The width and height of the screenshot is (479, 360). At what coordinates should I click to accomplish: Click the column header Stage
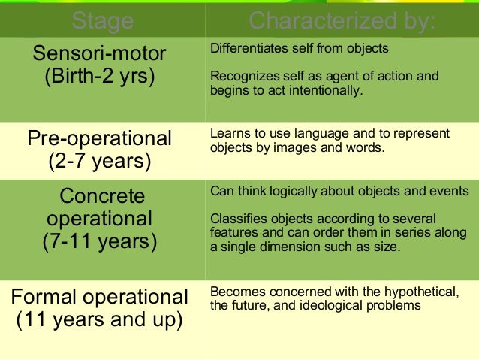102,20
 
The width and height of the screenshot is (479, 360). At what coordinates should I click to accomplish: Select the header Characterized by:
342,20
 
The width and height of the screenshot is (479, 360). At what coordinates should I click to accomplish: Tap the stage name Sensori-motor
99,54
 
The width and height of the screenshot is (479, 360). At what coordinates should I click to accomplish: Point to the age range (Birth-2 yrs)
99,77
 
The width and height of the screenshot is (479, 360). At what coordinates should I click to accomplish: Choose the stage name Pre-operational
99,138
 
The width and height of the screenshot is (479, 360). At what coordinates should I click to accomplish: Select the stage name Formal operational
99,296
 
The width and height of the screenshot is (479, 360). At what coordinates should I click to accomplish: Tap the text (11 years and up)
99,319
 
